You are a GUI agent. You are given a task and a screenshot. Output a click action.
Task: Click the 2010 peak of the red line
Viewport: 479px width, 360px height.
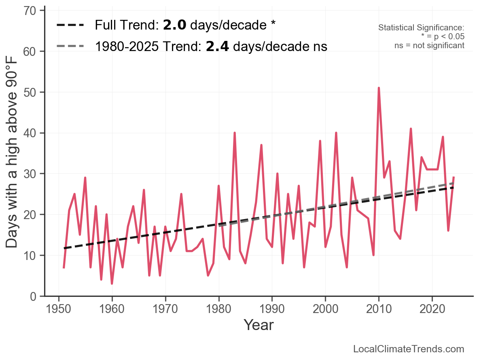(x=379, y=88)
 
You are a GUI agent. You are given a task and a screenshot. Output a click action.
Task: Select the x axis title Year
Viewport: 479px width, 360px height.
(x=259, y=325)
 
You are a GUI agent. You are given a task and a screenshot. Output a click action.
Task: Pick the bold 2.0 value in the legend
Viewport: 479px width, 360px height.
(x=174, y=25)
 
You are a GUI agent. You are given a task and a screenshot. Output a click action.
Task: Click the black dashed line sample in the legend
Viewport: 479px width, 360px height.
(x=70, y=25)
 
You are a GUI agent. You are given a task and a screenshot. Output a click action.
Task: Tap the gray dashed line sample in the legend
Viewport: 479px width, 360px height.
(x=70, y=46)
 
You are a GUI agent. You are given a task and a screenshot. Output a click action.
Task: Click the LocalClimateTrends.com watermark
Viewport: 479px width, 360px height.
(x=409, y=349)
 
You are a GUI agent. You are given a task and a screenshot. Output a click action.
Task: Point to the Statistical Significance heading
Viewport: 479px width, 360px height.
(x=421, y=28)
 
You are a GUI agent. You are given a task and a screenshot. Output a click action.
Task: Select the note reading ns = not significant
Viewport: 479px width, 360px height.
(x=429, y=45)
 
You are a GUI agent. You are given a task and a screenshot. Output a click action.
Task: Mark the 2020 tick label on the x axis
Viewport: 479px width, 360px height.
(x=432, y=309)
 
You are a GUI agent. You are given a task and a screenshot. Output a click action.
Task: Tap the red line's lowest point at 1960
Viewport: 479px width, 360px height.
(x=112, y=283)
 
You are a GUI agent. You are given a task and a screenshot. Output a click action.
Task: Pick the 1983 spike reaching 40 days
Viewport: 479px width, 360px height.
(x=235, y=133)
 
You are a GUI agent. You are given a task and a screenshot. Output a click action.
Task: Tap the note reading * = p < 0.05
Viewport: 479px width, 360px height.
(x=443, y=37)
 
